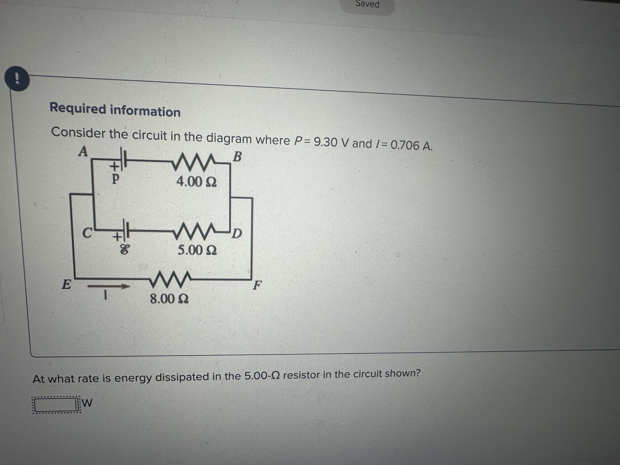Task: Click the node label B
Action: coord(237,157)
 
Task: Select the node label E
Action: coord(66,284)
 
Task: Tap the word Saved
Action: coord(367,4)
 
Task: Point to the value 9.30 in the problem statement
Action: coord(325,142)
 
